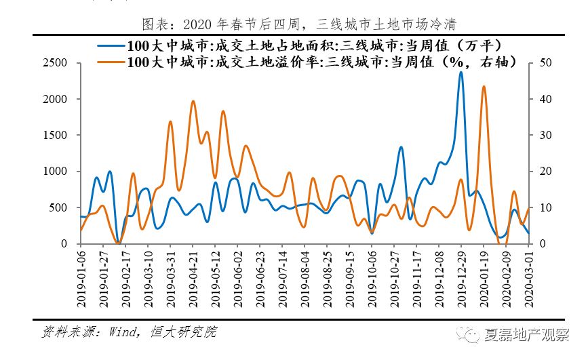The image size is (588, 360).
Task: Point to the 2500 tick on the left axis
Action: pyautogui.click(x=57, y=63)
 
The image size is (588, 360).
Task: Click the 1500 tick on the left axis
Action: pyautogui.click(x=57, y=135)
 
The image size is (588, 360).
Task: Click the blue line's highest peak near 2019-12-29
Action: pyautogui.click(x=461, y=72)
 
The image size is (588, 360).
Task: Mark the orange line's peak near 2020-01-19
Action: pyautogui.click(x=484, y=87)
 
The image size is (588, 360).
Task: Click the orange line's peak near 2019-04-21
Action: pyautogui.click(x=193, y=101)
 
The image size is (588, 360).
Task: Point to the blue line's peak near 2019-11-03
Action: pyautogui.click(x=401, y=146)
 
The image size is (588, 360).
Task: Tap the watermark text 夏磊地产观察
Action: pyautogui.click(x=526, y=334)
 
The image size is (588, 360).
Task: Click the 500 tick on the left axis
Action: pyautogui.click(x=60, y=207)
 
